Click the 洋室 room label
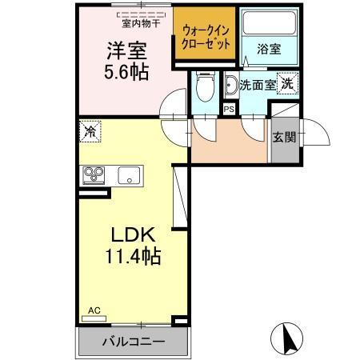(127, 50)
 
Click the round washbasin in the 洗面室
(231, 86)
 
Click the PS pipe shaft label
(230, 110)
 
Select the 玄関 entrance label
(284, 136)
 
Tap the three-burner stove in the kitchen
(93, 175)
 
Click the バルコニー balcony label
(133, 342)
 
